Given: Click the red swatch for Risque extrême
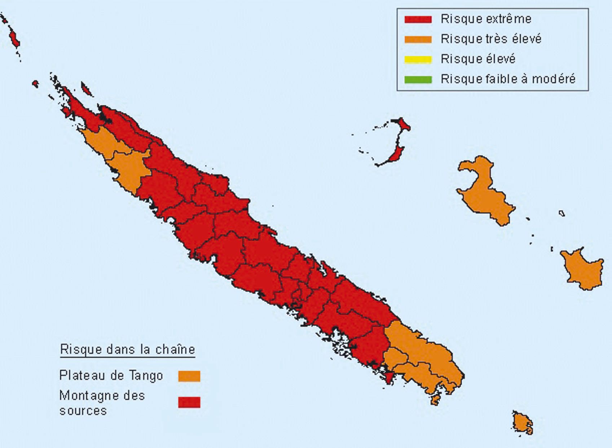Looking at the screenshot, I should [418, 19].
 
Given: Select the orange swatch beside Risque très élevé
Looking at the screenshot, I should [418, 39].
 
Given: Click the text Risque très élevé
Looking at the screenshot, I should [491, 39].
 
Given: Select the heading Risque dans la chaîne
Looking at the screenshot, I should [127, 350].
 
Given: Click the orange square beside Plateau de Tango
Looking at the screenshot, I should [189, 376].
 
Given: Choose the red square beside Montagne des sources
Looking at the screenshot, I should [189, 403].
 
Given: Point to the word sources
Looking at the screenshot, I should [83, 411].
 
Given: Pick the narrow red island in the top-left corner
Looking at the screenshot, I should [14, 38].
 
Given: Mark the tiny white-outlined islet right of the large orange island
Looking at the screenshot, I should [562, 214].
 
